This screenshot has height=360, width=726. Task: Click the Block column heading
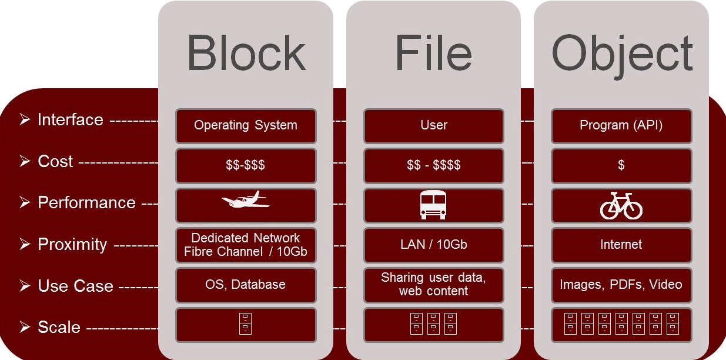click(x=246, y=54)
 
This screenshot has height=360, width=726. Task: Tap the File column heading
click(x=433, y=54)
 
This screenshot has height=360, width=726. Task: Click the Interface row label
click(x=70, y=119)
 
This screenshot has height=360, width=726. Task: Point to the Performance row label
click(x=86, y=202)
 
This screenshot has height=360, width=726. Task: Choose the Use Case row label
click(x=75, y=286)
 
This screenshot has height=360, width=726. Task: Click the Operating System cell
click(x=246, y=125)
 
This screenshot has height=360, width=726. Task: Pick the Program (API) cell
click(x=621, y=125)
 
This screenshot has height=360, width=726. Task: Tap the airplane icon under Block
click(x=246, y=201)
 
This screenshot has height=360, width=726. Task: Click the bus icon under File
click(x=433, y=205)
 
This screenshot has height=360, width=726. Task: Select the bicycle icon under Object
click(x=621, y=205)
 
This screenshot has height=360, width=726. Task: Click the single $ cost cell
click(x=621, y=165)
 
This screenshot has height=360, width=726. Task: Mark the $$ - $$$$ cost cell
click(x=433, y=165)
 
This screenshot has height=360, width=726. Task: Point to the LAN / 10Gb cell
click(x=433, y=245)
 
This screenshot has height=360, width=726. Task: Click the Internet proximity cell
click(x=621, y=245)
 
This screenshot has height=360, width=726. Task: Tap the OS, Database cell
click(x=246, y=285)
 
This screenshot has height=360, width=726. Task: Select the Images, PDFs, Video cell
click(x=621, y=285)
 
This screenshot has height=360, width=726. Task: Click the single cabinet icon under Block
click(x=246, y=324)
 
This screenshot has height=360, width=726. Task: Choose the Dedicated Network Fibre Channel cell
click(x=246, y=245)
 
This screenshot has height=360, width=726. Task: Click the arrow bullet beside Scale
click(x=25, y=327)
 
